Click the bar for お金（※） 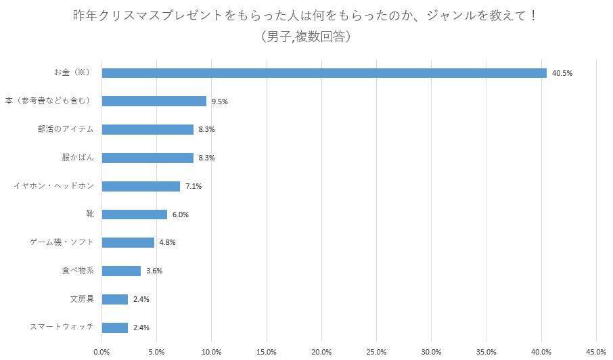pos(323,73)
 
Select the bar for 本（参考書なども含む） pos(154,101)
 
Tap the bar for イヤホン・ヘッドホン pos(141,186)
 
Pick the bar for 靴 pos(134,215)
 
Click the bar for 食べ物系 pos(121,271)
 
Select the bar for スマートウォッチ pos(114,328)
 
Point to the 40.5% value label pos(562,73)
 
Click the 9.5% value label pos(219,102)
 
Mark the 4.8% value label pos(167,242)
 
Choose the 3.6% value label pos(154,271)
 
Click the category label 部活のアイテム pos(66,129)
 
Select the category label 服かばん pos(78,158)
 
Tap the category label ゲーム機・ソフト pos(62,242)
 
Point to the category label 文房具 pos(82,299)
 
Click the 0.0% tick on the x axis pos(101,351)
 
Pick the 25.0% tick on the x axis pos(376,351)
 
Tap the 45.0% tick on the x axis pos(596,351)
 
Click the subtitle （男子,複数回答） pos(306,37)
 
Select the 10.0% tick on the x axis pos(211,351)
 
